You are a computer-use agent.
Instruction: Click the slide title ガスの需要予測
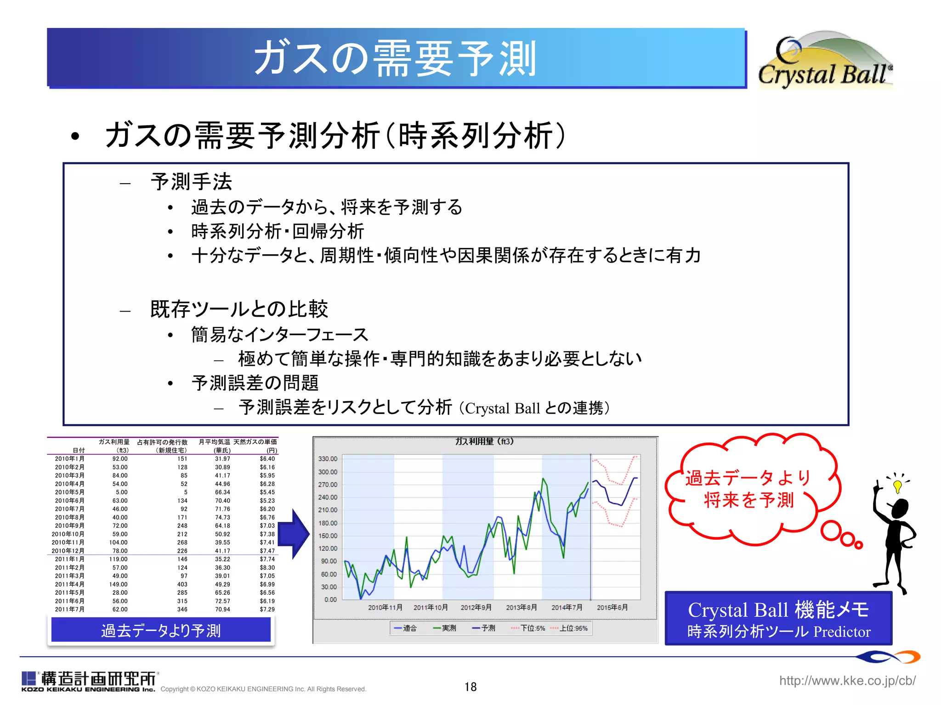pyautogui.click(x=395, y=58)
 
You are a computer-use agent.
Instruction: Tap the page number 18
pyautogui.click(x=470, y=687)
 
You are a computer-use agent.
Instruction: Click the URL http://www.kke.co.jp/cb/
pyautogui.click(x=847, y=680)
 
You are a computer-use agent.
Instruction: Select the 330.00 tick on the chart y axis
pyautogui.click(x=328, y=459)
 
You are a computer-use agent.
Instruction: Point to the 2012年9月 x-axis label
pyautogui.click(x=476, y=607)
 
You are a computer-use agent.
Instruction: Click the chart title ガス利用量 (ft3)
pyautogui.click(x=484, y=441)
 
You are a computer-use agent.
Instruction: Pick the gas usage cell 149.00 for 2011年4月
pyautogui.click(x=118, y=584)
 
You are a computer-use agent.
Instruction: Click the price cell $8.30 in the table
pyautogui.click(x=267, y=567)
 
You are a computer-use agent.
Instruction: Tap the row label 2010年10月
pyautogui.click(x=68, y=534)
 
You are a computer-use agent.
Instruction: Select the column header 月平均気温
pyautogui.click(x=214, y=442)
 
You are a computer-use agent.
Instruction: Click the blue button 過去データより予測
pyautogui.click(x=161, y=630)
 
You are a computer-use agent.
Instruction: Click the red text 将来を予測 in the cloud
pyautogui.click(x=748, y=500)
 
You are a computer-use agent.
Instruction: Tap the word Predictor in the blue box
pyautogui.click(x=842, y=632)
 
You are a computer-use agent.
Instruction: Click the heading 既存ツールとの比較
pyautogui.click(x=239, y=309)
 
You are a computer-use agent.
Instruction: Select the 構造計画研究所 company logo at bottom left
pyautogui.click(x=90, y=681)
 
